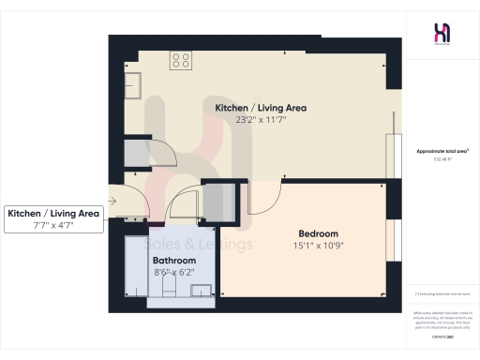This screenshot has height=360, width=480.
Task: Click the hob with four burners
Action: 181,61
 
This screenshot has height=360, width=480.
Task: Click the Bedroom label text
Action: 318,233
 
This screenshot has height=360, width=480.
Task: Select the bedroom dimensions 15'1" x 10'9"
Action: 318,246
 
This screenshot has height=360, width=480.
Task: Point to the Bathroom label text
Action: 173,260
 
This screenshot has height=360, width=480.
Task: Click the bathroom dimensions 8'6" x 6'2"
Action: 173,272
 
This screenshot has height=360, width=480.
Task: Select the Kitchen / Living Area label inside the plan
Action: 261,108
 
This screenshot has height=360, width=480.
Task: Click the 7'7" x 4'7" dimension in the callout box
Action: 53,226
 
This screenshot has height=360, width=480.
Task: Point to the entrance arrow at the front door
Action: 112,200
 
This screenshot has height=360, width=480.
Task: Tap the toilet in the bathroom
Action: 169,289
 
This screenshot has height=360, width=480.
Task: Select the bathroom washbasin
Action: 201,290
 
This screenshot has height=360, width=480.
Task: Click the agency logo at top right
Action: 442,33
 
